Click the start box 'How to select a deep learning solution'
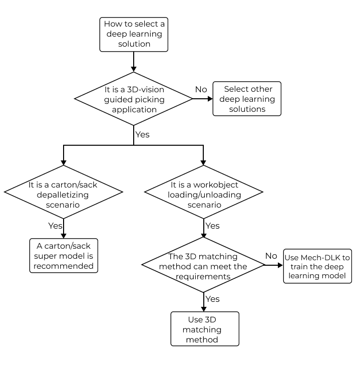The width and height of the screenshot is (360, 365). pos(134,34)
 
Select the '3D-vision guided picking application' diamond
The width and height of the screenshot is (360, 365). pos(134,98)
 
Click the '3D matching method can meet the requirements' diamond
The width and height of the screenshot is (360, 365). pos(203,266)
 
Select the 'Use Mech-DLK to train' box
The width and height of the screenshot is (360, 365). pos(317,266)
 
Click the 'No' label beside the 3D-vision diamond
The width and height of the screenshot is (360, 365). pos(201,89)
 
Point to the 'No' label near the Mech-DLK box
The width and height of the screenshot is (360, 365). pos(271,256)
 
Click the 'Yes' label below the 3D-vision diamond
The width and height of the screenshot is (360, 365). pos(142,134)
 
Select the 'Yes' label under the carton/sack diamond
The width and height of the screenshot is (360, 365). pos(55,226)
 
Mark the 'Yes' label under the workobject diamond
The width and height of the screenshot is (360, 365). pos(212,226)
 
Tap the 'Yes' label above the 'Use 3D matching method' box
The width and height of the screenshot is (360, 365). pos(212,299)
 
